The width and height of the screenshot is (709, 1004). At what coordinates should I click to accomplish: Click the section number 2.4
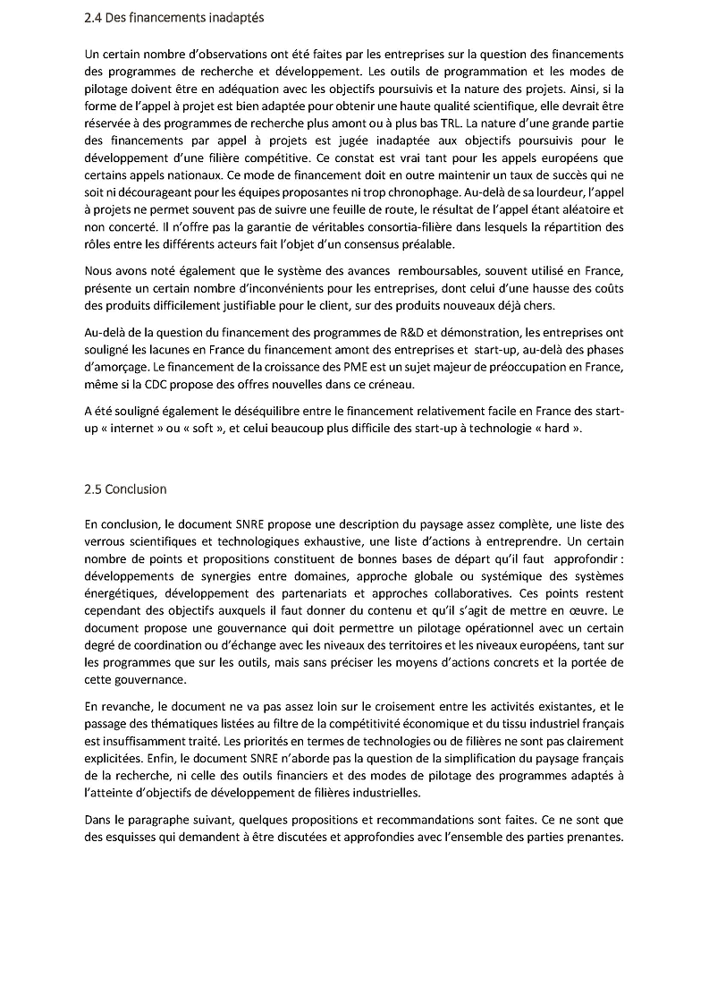click(93, 18)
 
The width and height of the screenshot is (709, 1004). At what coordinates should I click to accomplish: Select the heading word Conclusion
click(136, 489)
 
